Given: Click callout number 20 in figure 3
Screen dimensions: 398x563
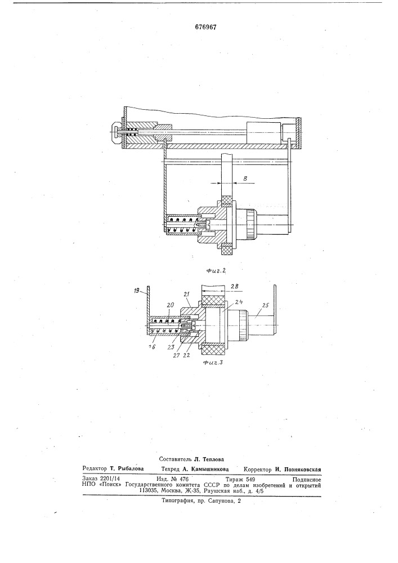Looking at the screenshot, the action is (x=170, y=305).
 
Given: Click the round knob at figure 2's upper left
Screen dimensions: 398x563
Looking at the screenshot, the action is (x=117, y=132).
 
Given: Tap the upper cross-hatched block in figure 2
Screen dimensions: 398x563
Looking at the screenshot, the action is (x=227, y=200).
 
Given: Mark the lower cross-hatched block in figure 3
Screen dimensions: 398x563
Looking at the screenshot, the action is (x=214, y=348).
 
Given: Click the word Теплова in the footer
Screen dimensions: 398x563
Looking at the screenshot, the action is (x=213, y=459).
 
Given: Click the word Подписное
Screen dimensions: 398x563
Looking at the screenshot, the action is (x=307, y=479).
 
